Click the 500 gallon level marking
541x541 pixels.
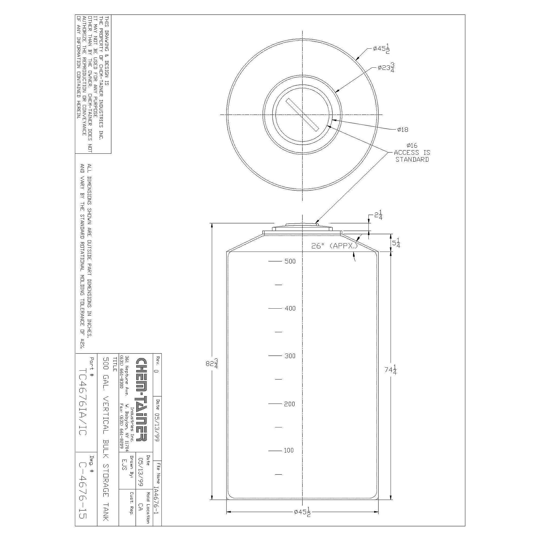pos(290,261)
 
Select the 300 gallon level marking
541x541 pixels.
pos(290,356)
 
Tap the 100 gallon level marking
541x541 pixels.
pos(289,450)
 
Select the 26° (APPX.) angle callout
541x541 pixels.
pos(334,246)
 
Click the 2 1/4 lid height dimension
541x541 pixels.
pos(378,216)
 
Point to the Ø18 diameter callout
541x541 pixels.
pos(403,130)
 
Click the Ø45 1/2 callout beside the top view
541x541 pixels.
pos(381,49)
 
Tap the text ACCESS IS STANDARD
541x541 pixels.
pos(412,156)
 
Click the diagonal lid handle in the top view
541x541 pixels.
pos(302,114)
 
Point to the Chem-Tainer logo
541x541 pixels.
pos(140,403)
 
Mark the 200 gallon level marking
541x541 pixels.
pos(289,404)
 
